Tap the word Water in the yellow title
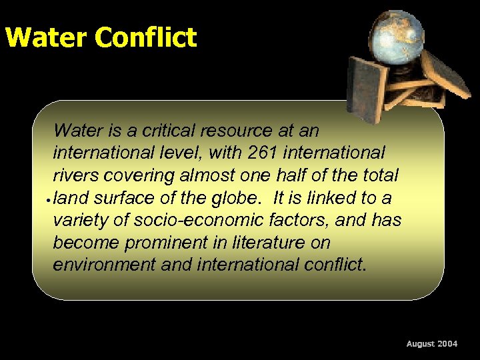tap(47, 37)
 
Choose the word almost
tap(207, 175)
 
